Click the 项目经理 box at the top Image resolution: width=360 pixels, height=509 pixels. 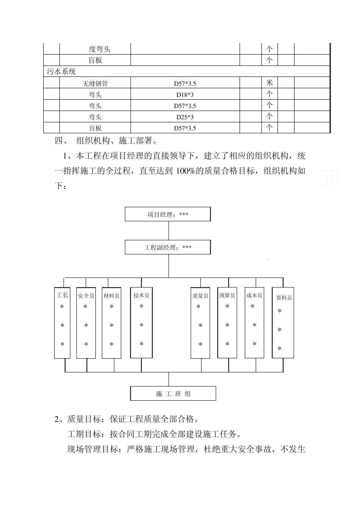pyautogui.click(x=168, y=214)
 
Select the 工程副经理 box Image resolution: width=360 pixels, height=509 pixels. pyautogui.click(x=168, y=247)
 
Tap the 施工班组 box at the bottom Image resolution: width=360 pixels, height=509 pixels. pyautogui.click(x=173, y=393)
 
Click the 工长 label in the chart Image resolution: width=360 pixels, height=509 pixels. pyautogui.click(x=62, y=295)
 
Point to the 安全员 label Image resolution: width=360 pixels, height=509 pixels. pyautogui.click(x=86, y=296)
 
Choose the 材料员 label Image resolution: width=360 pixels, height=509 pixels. pyautogui.click(x=112, y=296)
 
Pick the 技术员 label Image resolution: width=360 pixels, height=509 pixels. pyautogui.click(x=141, y=295)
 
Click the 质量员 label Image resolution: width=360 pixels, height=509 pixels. pyautogui.click(x=200, y=296)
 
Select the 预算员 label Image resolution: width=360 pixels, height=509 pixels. pyautogui.click(x=227, y=295)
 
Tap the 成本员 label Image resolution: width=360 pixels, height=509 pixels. pyautogui.click(x=254, y=295)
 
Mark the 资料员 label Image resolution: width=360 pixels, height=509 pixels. pyautogui.click(x=284, y=298)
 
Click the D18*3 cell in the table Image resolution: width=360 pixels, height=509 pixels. pyautogui.click(x=185, y=94)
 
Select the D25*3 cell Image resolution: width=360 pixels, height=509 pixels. pyautogui.click(x=185, y=117)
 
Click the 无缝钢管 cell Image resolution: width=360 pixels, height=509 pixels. pyautogui.click(x=95, y=83)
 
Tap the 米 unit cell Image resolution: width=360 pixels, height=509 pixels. pyautogui.click(x=269, y=83)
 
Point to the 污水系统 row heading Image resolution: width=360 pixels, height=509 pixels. pyautogui.click(x=61, y=72)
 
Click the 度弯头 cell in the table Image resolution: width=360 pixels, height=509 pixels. pyautogui.click(x=100, y=49)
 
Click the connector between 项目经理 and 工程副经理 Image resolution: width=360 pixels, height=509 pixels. pyautogui.click(x=168, y=231)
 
